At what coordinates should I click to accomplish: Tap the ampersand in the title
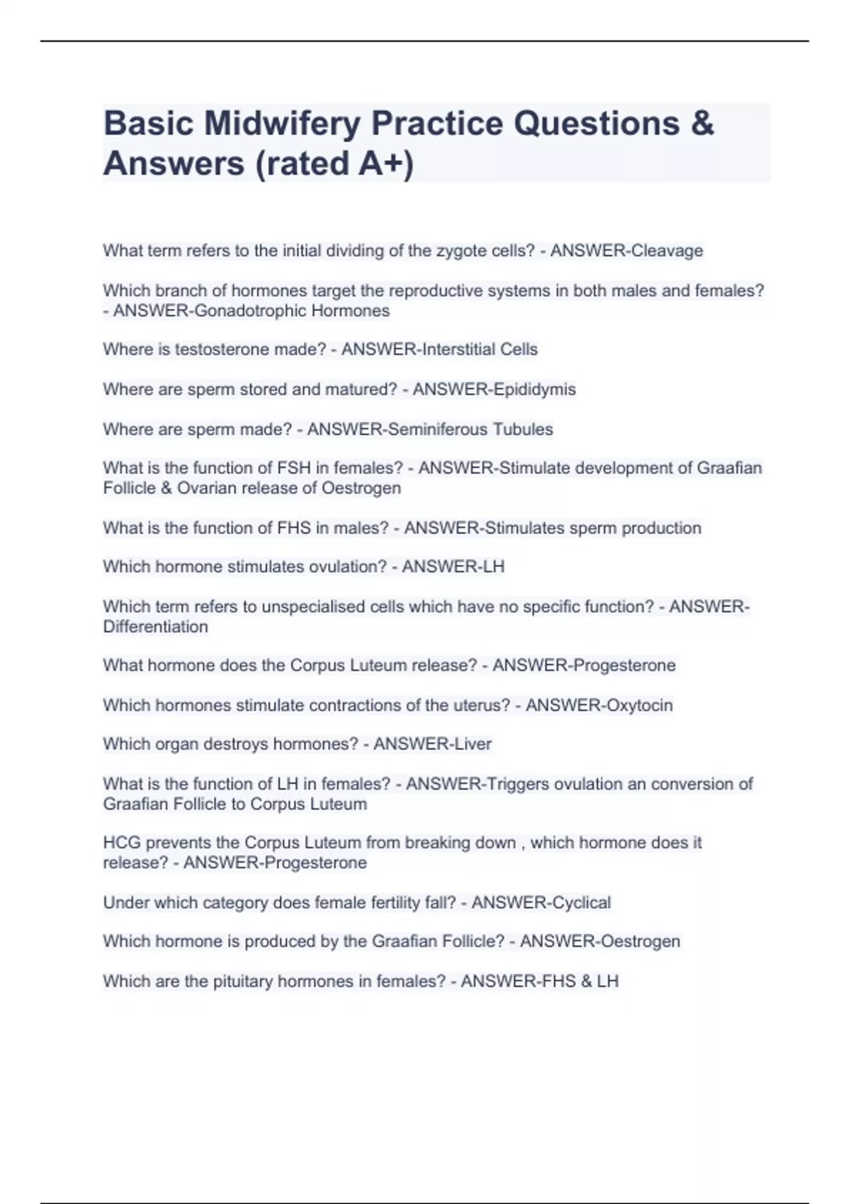click(701, 123)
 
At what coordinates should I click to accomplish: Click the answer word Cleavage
click(667, 251)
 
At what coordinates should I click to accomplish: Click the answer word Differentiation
click(156, 627)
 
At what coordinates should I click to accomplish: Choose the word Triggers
click(516, 784)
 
